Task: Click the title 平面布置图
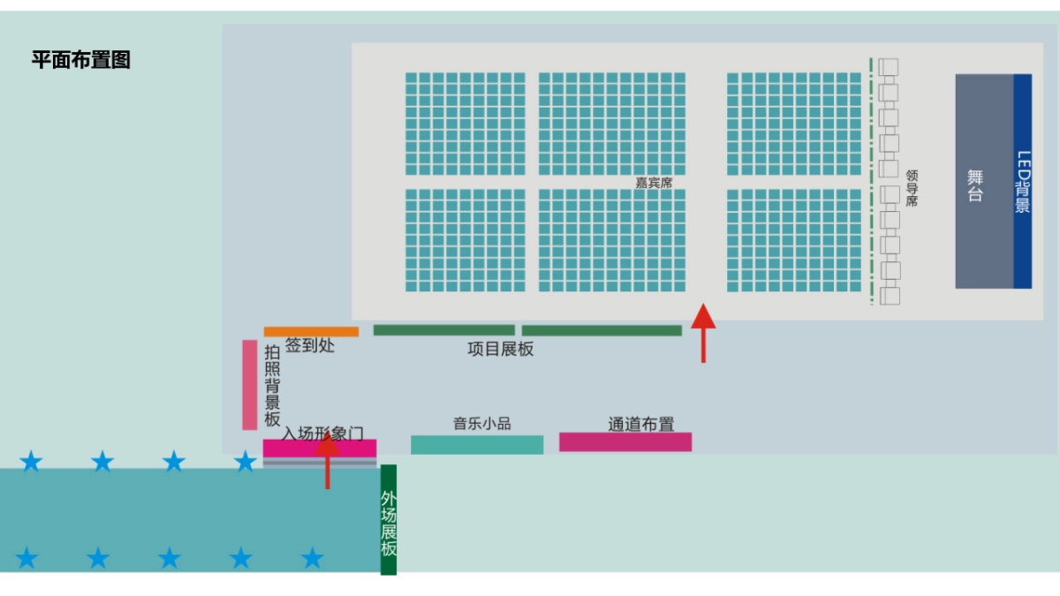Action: point(81,60)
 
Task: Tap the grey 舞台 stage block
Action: point(983,181)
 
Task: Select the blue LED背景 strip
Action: point(1022,181)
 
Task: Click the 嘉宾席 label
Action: point(654,183)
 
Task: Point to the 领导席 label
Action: point(912,188)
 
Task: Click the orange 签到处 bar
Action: point(311,332)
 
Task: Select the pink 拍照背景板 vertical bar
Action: point(250,385)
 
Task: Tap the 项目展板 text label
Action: point(500,349)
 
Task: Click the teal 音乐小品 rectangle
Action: point(477,445)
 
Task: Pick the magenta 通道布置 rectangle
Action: point(625,441)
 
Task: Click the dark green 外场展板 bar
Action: point(389,519)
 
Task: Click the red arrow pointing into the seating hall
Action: point(703,332)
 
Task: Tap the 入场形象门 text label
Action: point(322,434)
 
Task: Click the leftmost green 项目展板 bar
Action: point(443,330)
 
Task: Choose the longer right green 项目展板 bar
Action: point(602,331)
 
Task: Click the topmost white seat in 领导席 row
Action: point(889,67)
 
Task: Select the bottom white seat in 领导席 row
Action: point(890,296)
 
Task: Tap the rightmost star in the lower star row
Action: point(312,558)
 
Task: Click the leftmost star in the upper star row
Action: point(31,461)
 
